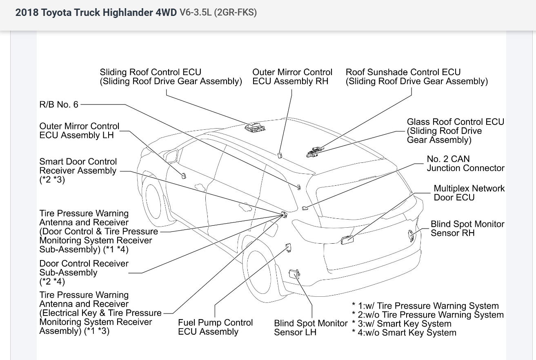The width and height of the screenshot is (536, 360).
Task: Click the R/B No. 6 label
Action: (59, 104)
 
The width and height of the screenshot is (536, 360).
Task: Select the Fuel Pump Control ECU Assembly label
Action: (215, 327)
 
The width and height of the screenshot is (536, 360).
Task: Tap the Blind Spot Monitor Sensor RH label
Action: (467, 229)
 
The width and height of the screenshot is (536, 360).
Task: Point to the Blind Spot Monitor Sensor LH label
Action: (311, 327)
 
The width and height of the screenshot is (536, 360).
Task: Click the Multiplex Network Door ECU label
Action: (469, 193)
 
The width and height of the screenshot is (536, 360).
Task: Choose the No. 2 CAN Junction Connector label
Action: (465, 163)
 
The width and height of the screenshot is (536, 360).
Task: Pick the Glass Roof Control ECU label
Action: (455, 131)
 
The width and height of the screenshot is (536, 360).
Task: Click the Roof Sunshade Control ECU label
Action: (416, 77)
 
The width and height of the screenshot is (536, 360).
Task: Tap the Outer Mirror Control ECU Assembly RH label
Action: (292, 77)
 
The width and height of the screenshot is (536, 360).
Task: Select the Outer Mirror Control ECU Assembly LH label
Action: (80, 131)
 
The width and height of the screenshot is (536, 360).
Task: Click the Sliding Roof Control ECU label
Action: (171, 77)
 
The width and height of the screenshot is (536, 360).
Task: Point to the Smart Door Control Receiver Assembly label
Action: (78, 171)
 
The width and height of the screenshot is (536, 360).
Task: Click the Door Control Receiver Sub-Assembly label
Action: (84, 272)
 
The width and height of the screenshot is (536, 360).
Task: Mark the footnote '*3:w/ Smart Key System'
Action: (402, 324)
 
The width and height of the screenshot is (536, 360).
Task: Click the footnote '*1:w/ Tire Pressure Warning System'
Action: (425, 306)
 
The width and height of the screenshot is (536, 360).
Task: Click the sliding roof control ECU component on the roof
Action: (254, 127)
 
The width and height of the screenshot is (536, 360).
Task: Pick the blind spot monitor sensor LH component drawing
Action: (295, 274)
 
